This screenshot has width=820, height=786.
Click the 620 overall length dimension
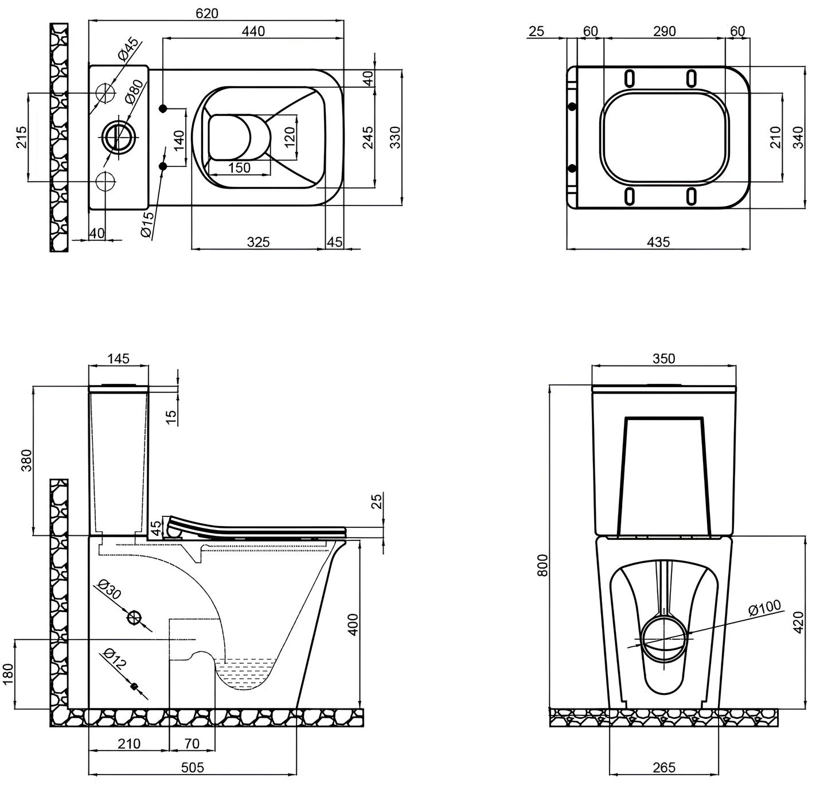207,13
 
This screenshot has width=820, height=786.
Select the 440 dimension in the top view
253,31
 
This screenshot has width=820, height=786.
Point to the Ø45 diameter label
128,49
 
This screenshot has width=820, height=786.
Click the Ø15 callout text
147,224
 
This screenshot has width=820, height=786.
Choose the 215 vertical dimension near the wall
21,137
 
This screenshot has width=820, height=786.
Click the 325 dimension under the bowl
258,242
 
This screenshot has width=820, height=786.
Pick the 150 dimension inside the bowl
239,168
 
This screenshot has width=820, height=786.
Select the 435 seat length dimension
658,242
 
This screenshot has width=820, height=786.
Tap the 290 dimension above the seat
665,31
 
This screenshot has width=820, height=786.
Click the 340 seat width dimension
799,137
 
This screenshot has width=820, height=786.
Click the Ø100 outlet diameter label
764,608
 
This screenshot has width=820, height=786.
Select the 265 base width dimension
664,768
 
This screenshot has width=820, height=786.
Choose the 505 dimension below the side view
192,768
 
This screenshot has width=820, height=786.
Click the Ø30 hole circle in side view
135,617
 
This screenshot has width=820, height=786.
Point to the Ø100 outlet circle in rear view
665,639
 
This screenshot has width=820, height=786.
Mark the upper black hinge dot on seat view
572,106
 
